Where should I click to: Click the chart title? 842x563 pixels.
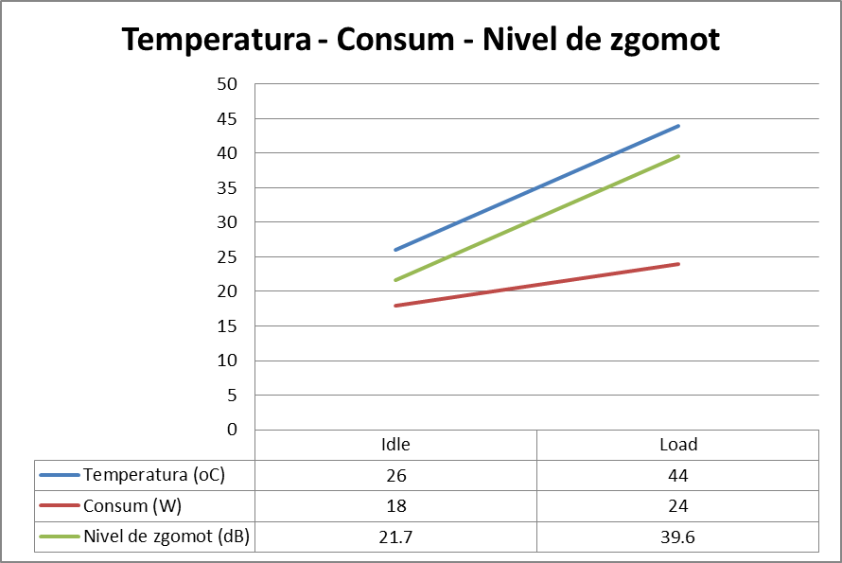coord(421,40)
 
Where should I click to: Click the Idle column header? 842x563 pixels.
coord(395,445)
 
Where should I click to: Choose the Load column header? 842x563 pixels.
coord(677,445)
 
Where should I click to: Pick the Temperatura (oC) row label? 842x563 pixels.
coord(153,475)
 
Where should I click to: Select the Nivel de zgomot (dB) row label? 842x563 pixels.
coord(166,537)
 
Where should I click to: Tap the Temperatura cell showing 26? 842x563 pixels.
coord(395,475)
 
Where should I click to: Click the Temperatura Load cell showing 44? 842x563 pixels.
coord(677,475)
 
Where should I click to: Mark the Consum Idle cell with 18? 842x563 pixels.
coord(395,505)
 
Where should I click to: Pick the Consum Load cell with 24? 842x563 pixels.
coord(677,505)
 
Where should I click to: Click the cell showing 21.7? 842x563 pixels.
coord(395,537)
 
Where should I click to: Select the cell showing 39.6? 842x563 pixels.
coord(677,537)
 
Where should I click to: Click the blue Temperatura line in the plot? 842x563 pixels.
coord(536,187)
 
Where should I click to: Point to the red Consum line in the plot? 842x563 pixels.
coord(536,285)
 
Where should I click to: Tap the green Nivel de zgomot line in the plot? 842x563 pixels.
coord(536,218)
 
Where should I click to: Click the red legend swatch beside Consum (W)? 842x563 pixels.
coord(59,505)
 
